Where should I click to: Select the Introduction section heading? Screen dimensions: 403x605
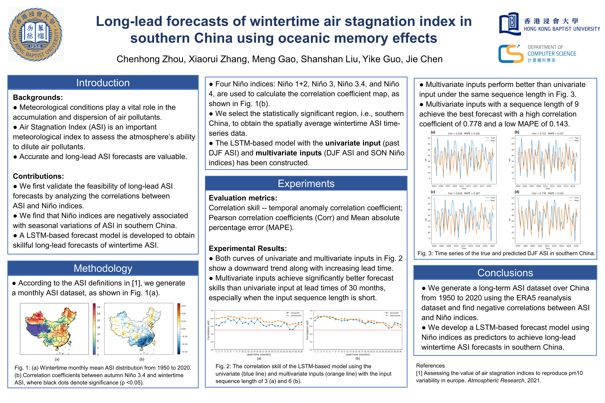(x=103, y=83)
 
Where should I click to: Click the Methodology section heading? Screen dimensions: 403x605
(x=103, y=268)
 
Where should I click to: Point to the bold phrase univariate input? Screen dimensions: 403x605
(x=353, y=143)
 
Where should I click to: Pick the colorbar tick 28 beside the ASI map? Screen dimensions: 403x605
(x=98, y=307)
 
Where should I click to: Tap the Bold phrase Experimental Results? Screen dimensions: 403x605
(x=247, y=249)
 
